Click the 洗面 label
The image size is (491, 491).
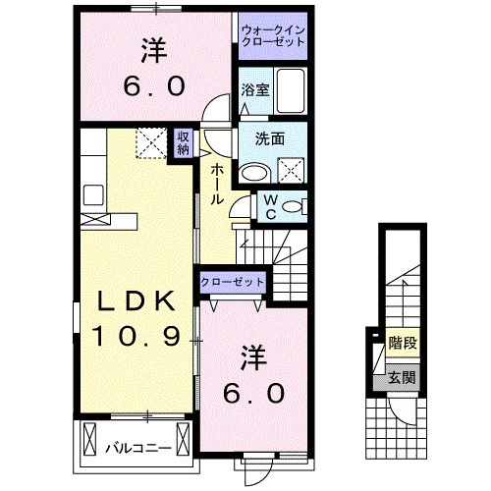click(271, 139)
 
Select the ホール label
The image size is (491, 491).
click(216, 183)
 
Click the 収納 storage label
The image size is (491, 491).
click(183, 144)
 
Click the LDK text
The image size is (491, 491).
click(136, 300)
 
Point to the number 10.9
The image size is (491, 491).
click(136, 337)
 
